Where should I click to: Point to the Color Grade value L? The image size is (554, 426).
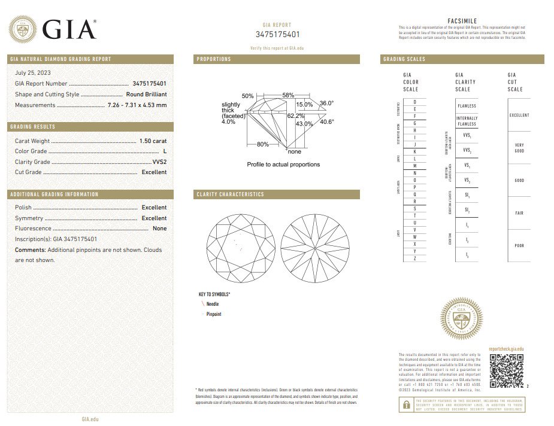click(x=165, y=151)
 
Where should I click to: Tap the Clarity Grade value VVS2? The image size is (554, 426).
click(x=159, y=162)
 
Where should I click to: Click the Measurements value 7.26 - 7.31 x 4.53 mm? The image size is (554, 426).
click(x=137, y=105)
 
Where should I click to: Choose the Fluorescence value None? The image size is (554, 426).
click(x=159, y=229)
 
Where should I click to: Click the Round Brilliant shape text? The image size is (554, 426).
click(x=146, y=95)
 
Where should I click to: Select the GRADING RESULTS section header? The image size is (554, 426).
click(x=33, y=127)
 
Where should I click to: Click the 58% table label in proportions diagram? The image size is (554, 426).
click(x=288, y=96)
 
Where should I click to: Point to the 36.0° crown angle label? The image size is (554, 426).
click(x=326, y=103)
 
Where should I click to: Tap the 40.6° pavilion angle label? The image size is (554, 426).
click(x=326, y=122)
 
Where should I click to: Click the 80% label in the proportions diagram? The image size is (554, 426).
click(x=263, y=144)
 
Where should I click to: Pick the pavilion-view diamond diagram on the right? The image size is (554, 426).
click(x=314, y=247)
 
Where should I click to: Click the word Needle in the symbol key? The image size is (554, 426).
click(x=213, y=305)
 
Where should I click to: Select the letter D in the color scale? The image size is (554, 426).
click(x=414, y=102)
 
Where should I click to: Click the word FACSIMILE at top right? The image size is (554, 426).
click(x=462, y=21)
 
